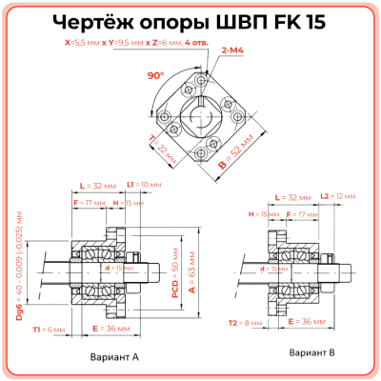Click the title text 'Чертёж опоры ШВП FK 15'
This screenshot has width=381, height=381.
[190, 24]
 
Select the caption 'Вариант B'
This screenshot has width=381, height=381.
[311, 352]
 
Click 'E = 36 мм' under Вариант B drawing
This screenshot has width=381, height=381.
[307, 322]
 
